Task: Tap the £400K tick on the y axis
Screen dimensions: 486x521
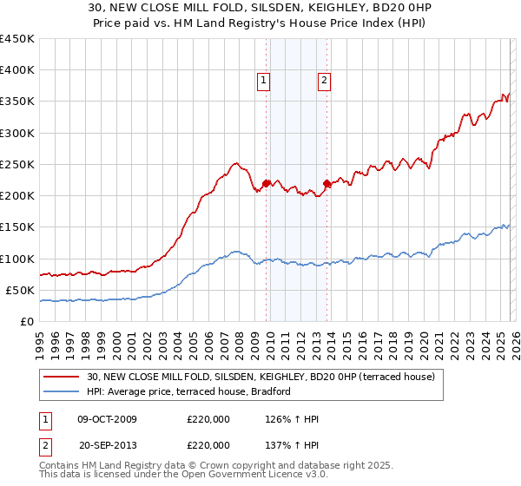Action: [x=17, y=70]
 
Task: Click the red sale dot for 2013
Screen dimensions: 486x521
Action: [x=326, y=183]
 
